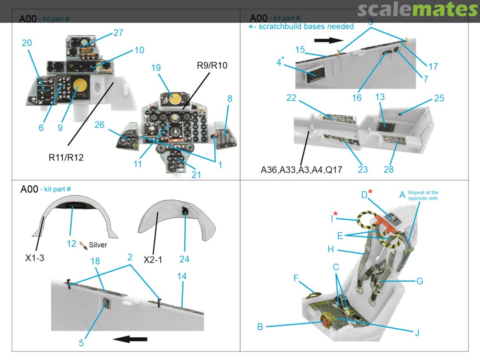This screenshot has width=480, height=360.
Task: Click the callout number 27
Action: pyautogui.click(x=118, y=33)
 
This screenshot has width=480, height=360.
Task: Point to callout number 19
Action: pyautogui.click(x=156, y=68)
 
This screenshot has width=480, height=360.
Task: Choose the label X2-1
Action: pyautogui.click(x=152, y=259)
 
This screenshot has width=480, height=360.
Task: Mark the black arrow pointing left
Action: pyautogui.click(x=129, y=340)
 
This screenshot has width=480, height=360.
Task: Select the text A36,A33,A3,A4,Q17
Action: pyautogui.click(x=301, y=169)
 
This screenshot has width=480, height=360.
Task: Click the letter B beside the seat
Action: pyautogui.click(x=260, y=327)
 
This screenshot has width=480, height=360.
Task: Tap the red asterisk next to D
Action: pyautogui.click(x=370, y=192)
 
